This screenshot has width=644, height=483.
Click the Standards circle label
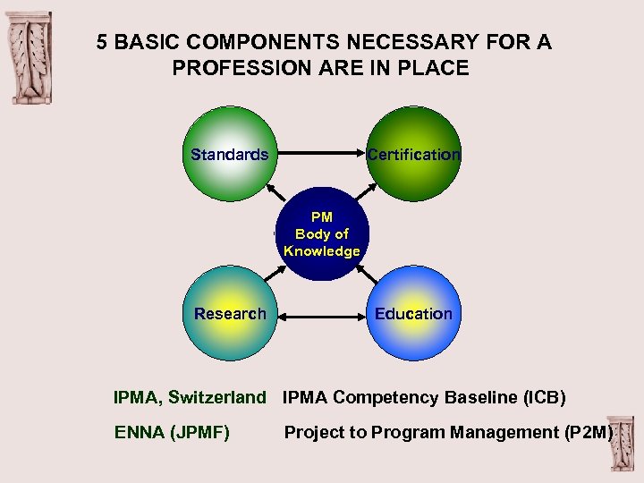pyautogui.click(x=229, y=155)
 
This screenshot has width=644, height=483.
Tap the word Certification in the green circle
pyautogui.click(x=413, y=155)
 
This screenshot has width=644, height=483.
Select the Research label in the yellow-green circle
pyautogui.click(x=230, y=314)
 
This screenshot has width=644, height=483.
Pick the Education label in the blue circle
pyautogui.click(x=413, y=314)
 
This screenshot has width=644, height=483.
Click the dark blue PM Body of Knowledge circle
pyautogui.click(x=321, y=234)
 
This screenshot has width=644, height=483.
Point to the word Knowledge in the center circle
pyautogui.click(x=321, y=251)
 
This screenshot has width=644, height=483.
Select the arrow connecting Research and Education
pyautogui.click(x=321, y=314)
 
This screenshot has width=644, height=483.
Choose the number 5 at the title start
pyautogui.click(x=103, y=42)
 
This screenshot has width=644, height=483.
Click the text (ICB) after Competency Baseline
pyautogui.click(x=545, y=397)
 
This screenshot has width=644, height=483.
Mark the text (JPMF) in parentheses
pyautogui.click(x=199, y=433)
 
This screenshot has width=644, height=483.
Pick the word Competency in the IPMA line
pyautogui.click(x=386, y=397)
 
